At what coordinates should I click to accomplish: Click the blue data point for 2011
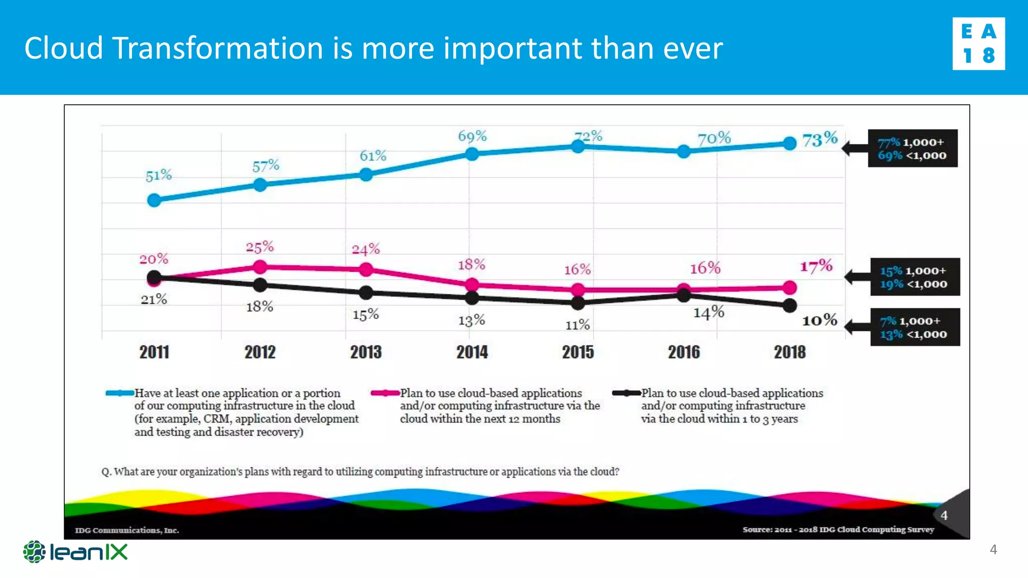pos(154,201)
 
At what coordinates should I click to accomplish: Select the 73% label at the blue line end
pos(820,139)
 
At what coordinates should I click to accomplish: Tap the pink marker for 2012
pos(260,267)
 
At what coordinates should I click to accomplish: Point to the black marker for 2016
pos(684,296)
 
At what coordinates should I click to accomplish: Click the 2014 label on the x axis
pos(472,352)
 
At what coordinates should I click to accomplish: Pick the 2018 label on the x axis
pos(790,352)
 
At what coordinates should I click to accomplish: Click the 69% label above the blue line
pos(472,136)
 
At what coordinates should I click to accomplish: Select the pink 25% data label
pos(260,247)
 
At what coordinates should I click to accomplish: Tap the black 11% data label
pos(577,325)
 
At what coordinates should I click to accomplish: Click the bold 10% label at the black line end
pos(819,320)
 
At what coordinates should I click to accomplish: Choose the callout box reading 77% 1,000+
pos(913,149)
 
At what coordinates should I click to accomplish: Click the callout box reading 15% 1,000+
pos(915,277)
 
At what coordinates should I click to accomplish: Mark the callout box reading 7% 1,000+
pos(915,327)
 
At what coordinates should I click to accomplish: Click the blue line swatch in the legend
pos(119,393)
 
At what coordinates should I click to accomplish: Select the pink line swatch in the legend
pos(385,393)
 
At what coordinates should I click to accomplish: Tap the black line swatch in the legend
pos(626,393)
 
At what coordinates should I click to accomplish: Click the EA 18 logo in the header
pos(978,44)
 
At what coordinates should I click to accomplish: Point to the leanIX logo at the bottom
pos(75,552)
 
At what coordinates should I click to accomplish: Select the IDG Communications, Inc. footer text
pos(127,530)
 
